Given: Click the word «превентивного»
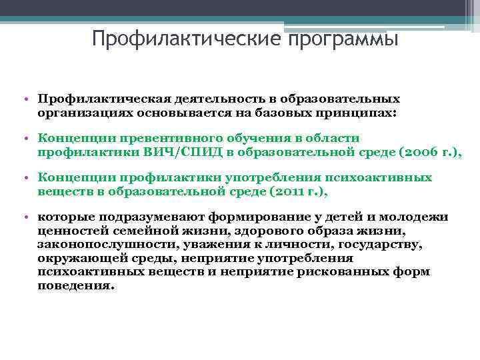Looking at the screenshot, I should coord(172,139).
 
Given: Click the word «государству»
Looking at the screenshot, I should coord(384,245).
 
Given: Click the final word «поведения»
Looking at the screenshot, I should coord(75,285).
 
